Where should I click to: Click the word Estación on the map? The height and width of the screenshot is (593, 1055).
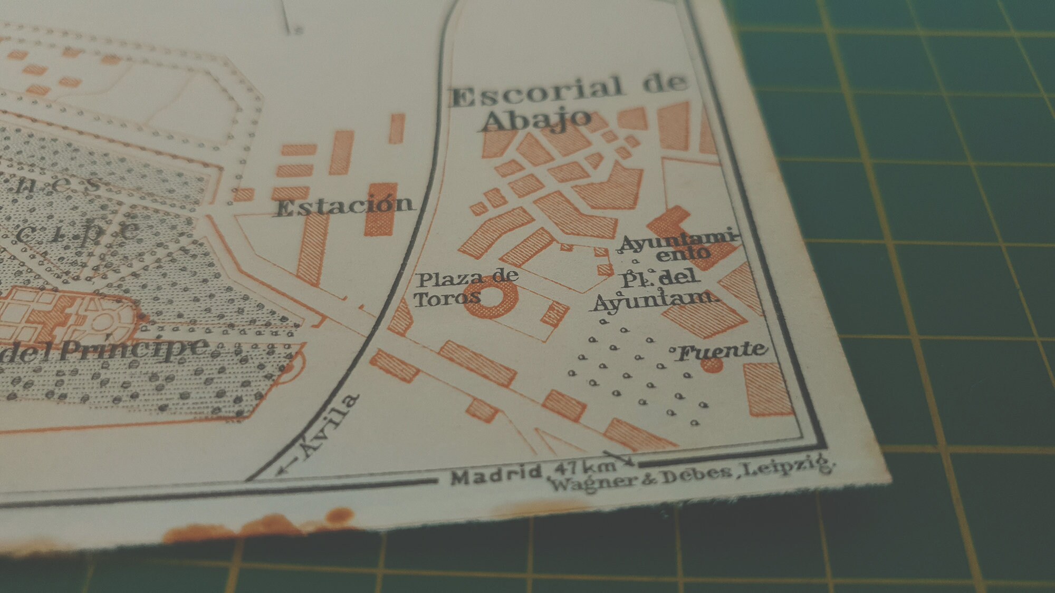pos(344,206)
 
